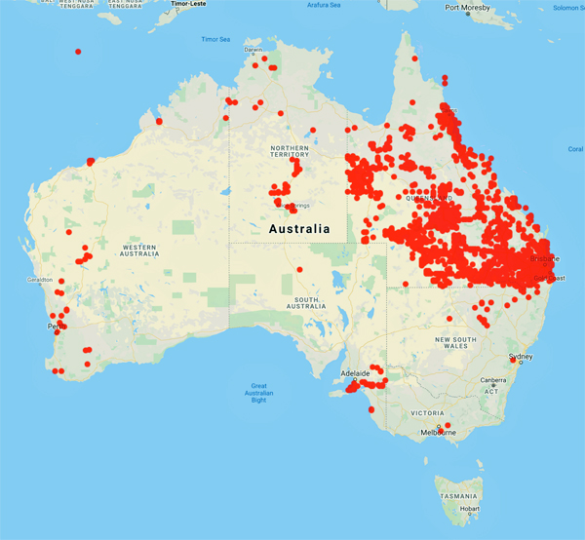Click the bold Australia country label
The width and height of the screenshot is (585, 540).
299,229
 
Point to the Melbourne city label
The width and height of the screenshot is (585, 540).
442,433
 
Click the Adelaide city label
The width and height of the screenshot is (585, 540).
355,373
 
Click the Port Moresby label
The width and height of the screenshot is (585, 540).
467,8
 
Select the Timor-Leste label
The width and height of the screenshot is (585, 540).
191,4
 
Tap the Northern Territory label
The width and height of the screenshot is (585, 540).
290,150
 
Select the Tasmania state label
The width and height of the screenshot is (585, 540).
458,495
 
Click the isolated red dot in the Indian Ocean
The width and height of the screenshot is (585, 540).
78,52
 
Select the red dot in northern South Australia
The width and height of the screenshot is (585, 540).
300,270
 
